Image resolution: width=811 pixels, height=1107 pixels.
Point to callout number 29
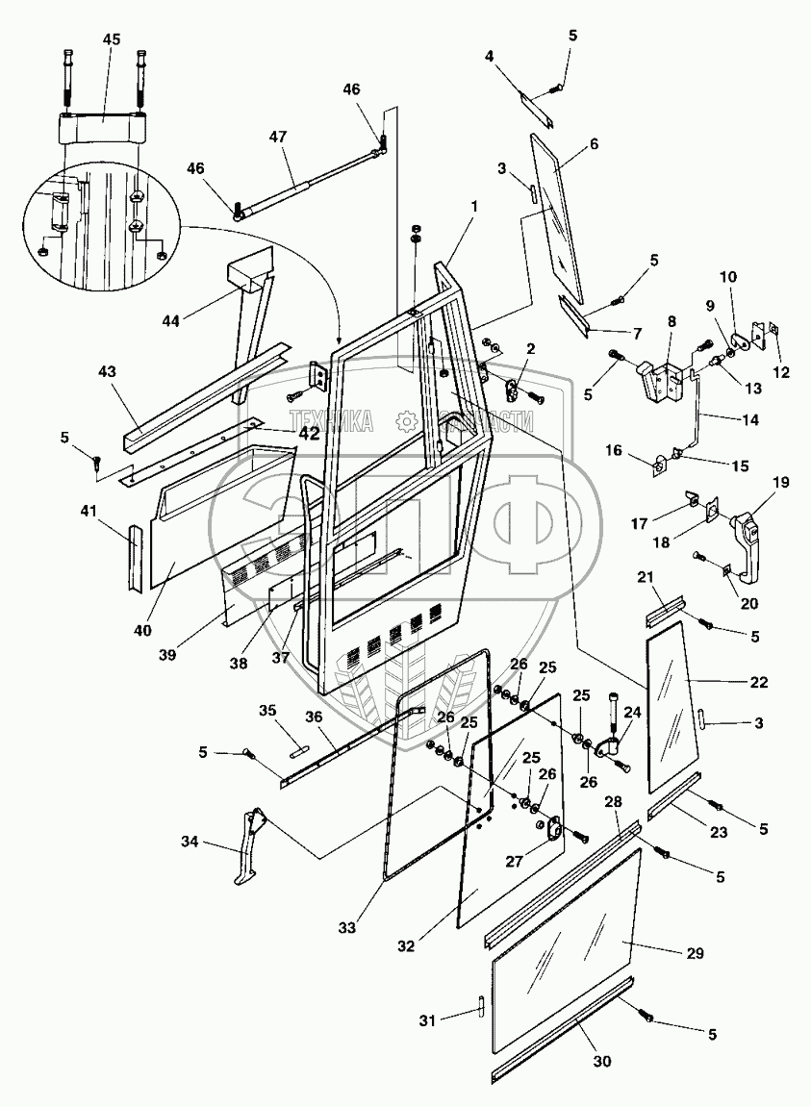tap(695, 954)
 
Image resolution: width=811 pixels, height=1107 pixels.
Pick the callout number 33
tap(347, 928)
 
